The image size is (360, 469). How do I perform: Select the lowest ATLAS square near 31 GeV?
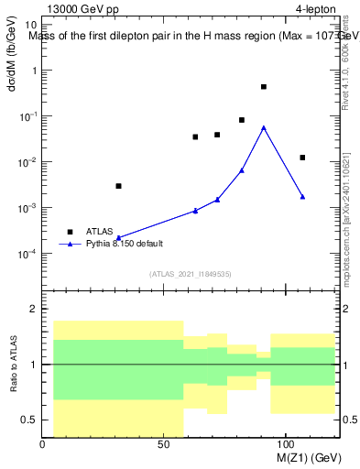118,186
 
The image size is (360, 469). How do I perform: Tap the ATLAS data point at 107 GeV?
302,158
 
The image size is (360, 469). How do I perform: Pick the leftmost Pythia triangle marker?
118,237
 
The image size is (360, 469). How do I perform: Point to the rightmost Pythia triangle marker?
302,197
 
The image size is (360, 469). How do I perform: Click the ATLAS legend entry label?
100,232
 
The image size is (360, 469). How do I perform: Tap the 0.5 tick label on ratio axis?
29,420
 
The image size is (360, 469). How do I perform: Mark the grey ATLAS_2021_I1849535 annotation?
191,273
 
